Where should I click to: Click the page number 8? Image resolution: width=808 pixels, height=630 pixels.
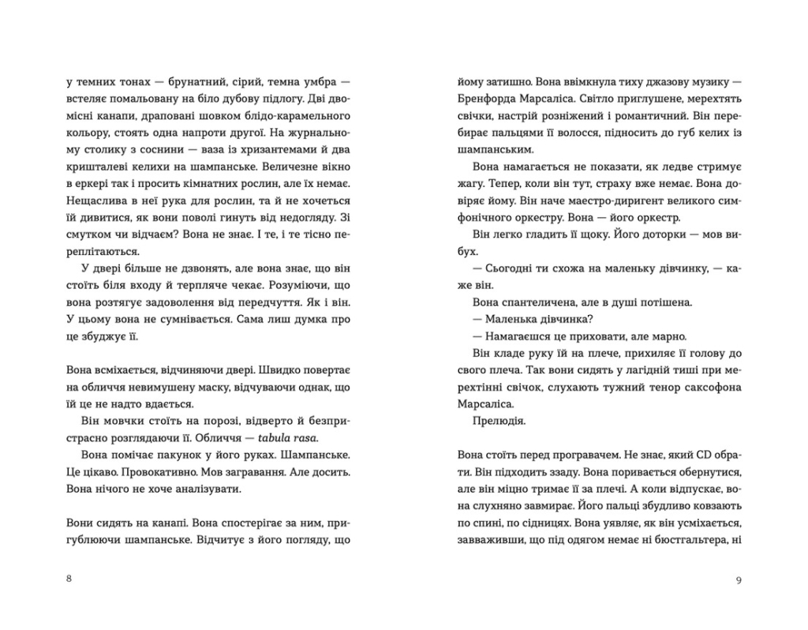point(69,579)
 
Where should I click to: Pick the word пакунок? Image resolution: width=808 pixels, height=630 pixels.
point(178,456)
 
